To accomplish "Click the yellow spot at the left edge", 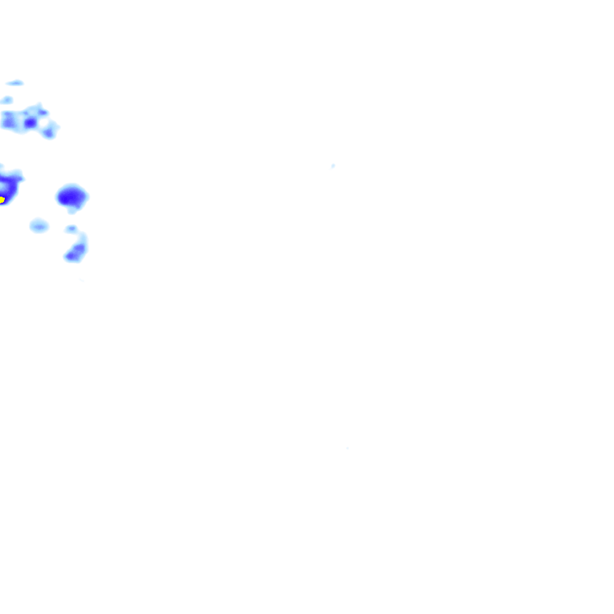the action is coord(2,199).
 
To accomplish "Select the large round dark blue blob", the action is coord(72,195).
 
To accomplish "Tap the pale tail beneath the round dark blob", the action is coord(73,209).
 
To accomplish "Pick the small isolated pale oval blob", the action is coord(39,225).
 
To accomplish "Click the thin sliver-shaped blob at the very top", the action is coord(14,83).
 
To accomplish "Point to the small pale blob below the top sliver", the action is coord(7,100).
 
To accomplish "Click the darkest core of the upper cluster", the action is coord(30,122).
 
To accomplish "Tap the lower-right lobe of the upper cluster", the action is coord(49,131).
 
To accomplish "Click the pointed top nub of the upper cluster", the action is coord(39,106).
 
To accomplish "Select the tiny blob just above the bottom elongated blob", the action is coord(71,228).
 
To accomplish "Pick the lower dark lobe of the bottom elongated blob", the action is coord(72,257).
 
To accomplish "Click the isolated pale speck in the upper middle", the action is coord(333,165).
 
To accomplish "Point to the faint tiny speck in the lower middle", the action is coord(348,448).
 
